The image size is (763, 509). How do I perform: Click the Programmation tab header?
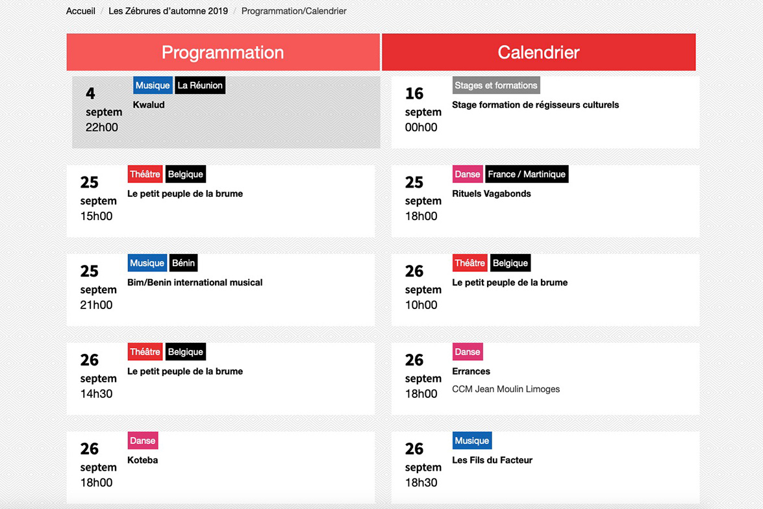point(223,52)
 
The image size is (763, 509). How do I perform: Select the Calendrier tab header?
point(539,52)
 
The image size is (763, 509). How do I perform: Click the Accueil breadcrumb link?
point(81,10)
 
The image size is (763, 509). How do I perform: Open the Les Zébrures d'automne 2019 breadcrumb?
point(168,10)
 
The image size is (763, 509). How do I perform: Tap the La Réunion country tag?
point(200,85)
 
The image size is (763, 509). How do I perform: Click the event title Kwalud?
point(149,105)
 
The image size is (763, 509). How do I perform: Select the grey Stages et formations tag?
point(496,85)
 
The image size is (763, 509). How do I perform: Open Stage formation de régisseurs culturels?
point(535,105)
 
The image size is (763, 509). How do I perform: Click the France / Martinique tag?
point(527,174)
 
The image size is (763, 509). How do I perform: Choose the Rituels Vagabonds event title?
point(492,193)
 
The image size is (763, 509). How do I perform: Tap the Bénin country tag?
point(184,263)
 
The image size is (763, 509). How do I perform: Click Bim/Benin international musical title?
point(195,282)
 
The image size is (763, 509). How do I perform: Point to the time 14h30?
point(96,393)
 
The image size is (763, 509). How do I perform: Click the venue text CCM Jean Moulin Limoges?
point(506,389)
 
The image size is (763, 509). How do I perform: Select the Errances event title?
point(471,371)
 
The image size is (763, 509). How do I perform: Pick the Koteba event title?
point(143,460)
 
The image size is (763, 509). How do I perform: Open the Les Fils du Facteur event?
point(492,460)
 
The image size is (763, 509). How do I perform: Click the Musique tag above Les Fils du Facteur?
point(472,440)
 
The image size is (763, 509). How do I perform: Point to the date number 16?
point(414,93)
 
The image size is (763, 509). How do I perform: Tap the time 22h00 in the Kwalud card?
point(102,127)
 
